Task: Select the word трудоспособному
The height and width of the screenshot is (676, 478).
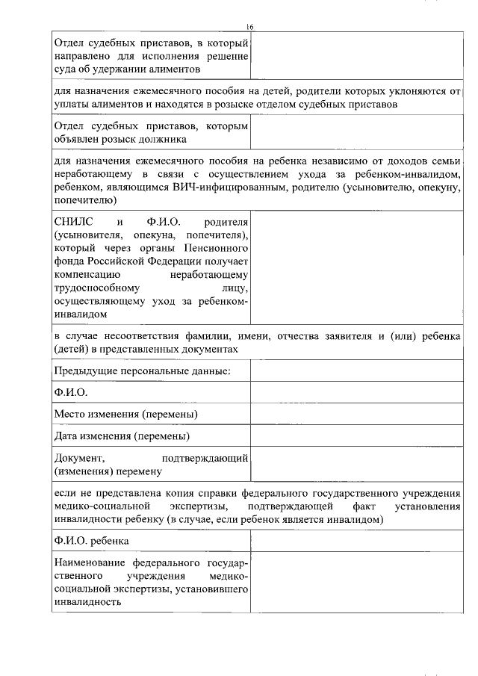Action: (x=92, y=290)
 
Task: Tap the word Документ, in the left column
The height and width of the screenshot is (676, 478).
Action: (x=78, y=457)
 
